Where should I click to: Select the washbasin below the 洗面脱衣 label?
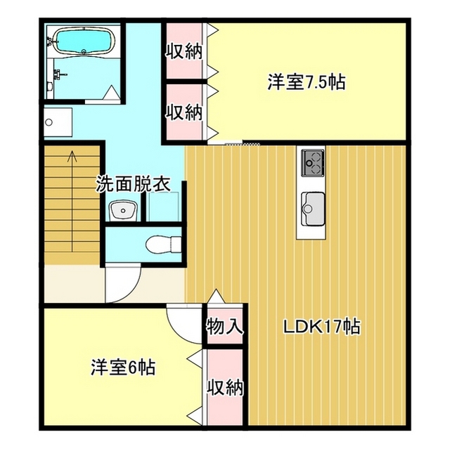coord(124,210)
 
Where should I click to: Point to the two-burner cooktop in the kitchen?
coord(313,163)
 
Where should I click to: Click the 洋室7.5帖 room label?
coord(307,83)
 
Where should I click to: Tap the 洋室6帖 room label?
coord(124,367)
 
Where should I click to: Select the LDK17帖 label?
coord(322,327)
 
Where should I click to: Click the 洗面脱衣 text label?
coord(133,183)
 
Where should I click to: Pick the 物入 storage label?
coord(225,326)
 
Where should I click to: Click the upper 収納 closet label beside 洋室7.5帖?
coord(184,52)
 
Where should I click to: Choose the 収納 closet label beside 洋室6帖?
coord(226,388)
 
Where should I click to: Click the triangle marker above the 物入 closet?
coord(216,297)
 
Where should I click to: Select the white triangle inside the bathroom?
coord(111,92)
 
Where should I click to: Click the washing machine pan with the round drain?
coord(58,122)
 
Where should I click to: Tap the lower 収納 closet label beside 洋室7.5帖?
coord(184,112)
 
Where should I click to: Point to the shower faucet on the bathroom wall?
coord(60,74)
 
